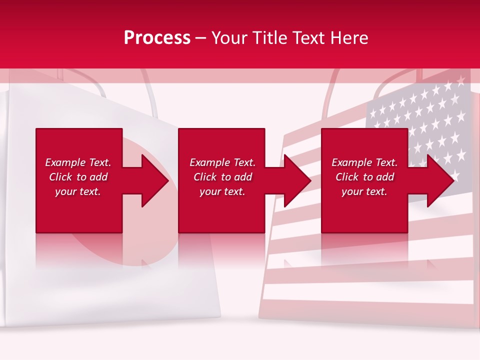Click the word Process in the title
pos(157,38)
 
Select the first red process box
pos(79,210)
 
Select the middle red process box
pos(221,210)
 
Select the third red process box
pos(364,210)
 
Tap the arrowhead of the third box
pos(442,180)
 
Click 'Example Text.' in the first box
pos(78,162)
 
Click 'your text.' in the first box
pos(78,191)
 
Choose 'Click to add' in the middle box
pos(222,177)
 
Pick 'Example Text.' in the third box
pos(364,162)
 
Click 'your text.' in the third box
pos(364,191)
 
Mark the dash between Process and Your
pos(201,38)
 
